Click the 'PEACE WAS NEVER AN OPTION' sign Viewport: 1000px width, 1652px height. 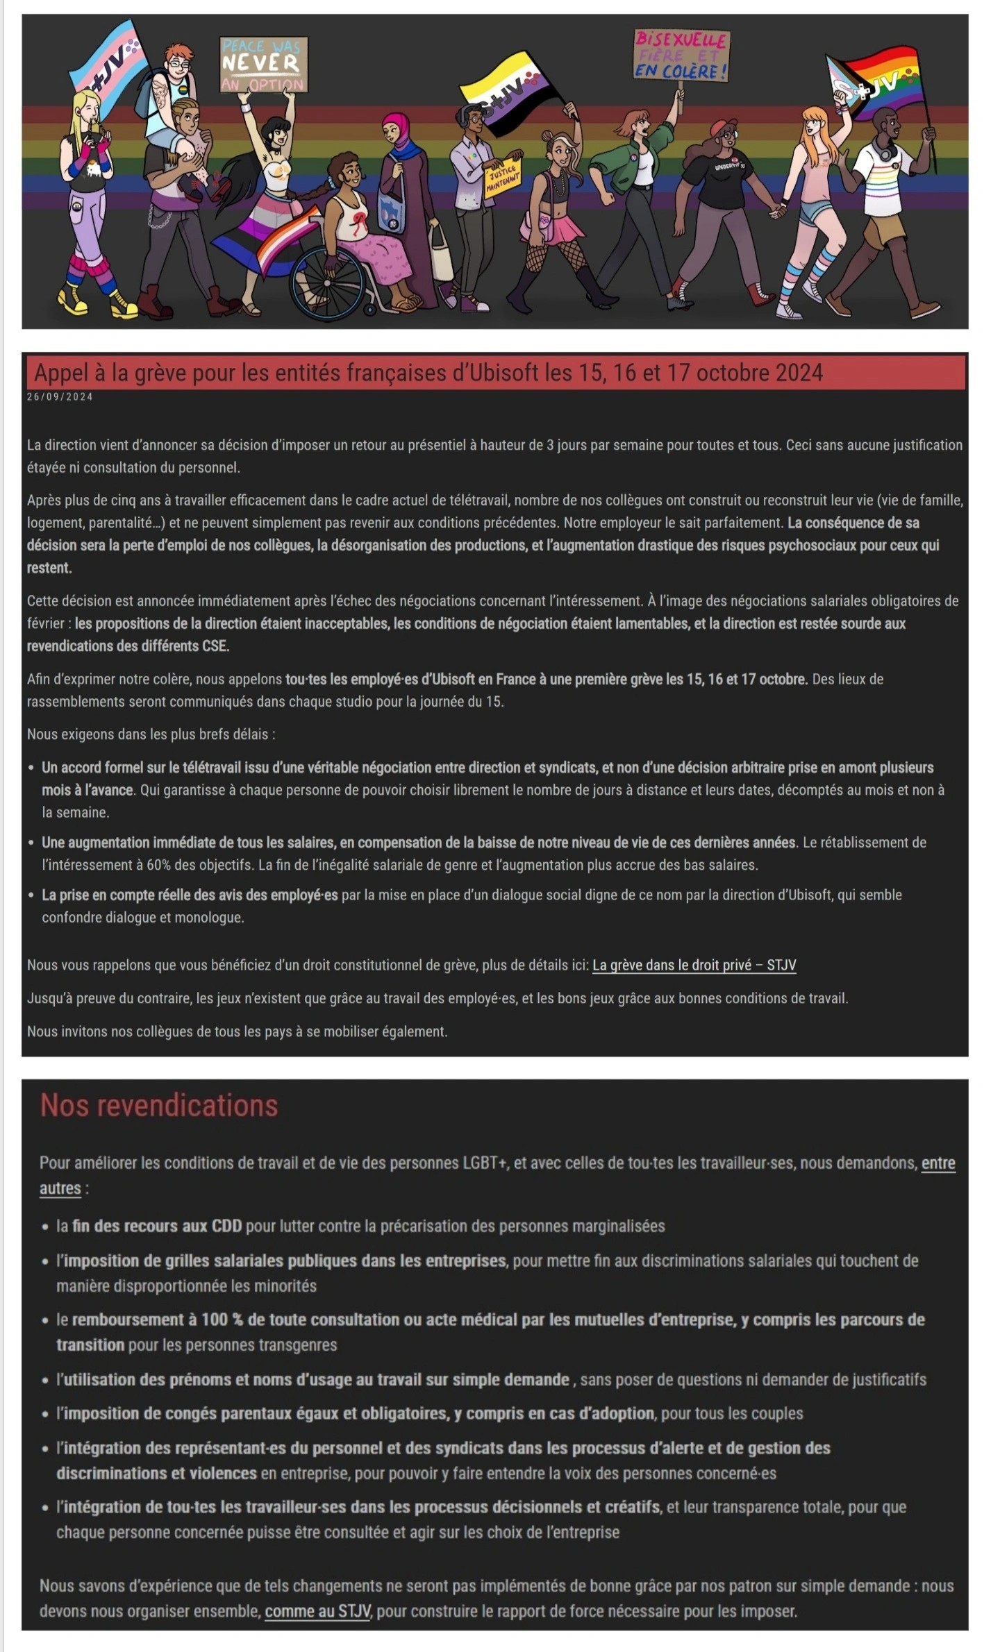(263, 65)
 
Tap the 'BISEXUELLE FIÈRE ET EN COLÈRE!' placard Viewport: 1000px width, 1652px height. (681, 56)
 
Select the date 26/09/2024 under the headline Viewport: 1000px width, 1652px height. (60, 397)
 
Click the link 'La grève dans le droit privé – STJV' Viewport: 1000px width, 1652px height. (694, 965)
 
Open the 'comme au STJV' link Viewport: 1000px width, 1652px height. (318, 1610)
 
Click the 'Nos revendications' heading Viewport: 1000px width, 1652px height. (159, 1105)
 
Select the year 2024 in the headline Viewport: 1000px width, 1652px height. (799, 373)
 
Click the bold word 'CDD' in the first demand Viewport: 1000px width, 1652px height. (226, 1226)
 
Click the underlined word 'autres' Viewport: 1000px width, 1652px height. (60, 1188)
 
